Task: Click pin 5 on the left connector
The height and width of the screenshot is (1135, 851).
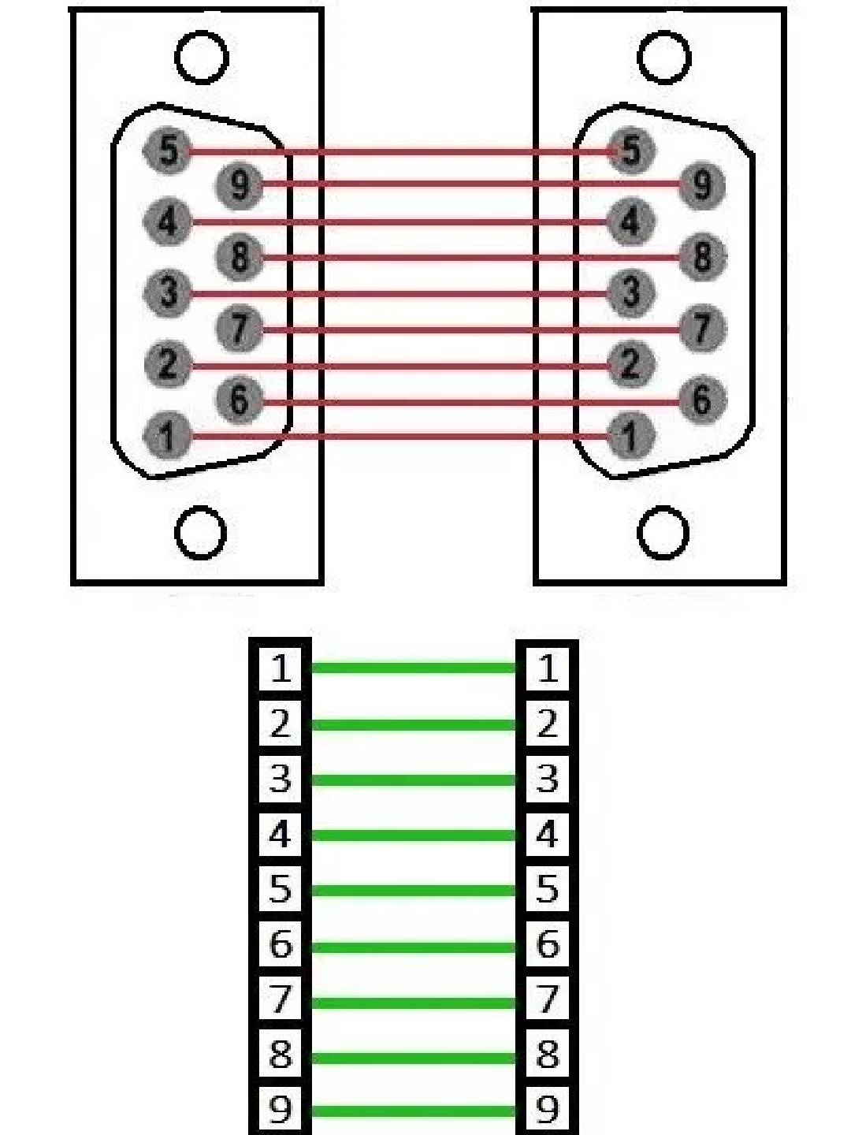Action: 167,149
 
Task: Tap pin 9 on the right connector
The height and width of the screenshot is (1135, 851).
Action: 700,184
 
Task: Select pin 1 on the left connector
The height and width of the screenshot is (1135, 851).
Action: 167,435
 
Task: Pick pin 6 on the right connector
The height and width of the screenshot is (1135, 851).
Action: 700,400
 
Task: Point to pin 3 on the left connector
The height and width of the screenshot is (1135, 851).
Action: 167,292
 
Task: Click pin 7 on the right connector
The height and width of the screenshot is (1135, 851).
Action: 700,328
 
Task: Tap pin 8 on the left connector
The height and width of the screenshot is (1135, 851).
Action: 239,256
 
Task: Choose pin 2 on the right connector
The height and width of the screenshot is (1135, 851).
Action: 630,363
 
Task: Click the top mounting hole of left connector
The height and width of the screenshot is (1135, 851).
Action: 202,58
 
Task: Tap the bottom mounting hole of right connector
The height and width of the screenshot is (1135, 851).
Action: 663,532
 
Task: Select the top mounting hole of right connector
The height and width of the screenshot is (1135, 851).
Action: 663,58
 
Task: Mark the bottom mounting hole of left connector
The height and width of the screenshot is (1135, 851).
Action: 200,532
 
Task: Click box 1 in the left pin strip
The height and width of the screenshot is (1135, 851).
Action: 281,668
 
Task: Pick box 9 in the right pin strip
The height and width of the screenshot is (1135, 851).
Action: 547,1110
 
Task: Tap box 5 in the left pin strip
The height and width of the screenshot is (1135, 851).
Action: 281,889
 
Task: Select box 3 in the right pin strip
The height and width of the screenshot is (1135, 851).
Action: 547,779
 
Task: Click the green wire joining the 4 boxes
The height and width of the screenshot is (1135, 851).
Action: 414,835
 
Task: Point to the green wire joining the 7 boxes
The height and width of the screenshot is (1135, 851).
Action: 414,1003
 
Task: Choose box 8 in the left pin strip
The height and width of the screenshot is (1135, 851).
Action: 281,1055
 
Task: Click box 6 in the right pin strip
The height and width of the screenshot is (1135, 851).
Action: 547,944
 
